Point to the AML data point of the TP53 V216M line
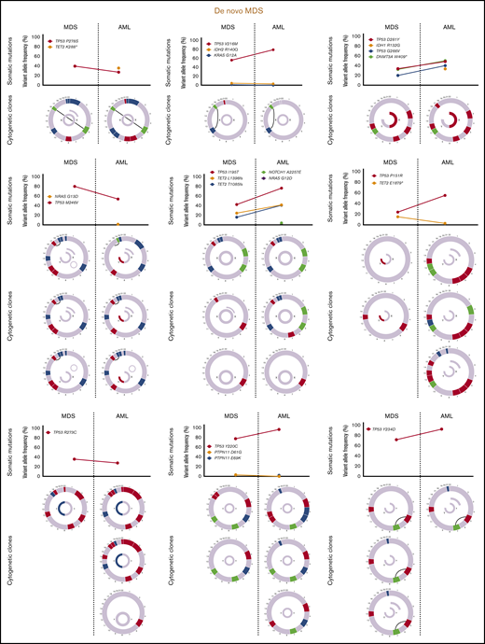pyautogui.click(x=273, y=49)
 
